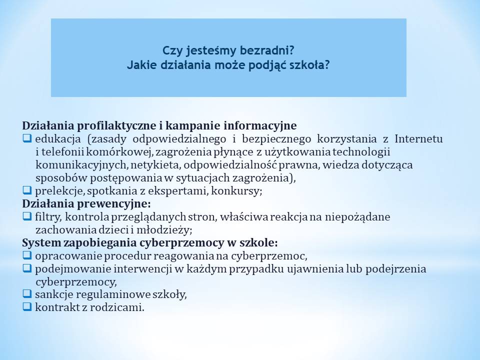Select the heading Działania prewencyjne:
tap(86, 203)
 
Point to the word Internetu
tap(418, 138)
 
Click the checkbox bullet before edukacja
tap(27, 138)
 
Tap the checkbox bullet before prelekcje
tap(27, 190)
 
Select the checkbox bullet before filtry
tap(27, 216)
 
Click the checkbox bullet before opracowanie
tap(27, 255)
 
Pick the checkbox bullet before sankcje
tap(27, 294)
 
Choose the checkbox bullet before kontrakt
tap(27, 306)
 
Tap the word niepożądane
tap(357, 216)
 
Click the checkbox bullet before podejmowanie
tap(27, 268)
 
